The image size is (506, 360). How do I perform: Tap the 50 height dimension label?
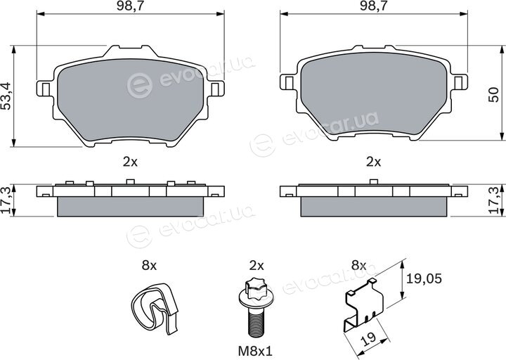[493, 95]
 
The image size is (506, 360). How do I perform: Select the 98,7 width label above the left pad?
[131, 7]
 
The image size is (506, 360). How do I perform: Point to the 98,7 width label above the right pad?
[374, 7]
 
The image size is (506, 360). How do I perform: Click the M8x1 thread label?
[256, 352]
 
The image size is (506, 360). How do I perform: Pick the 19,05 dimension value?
[424, 278]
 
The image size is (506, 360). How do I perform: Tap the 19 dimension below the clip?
[369, 338]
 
